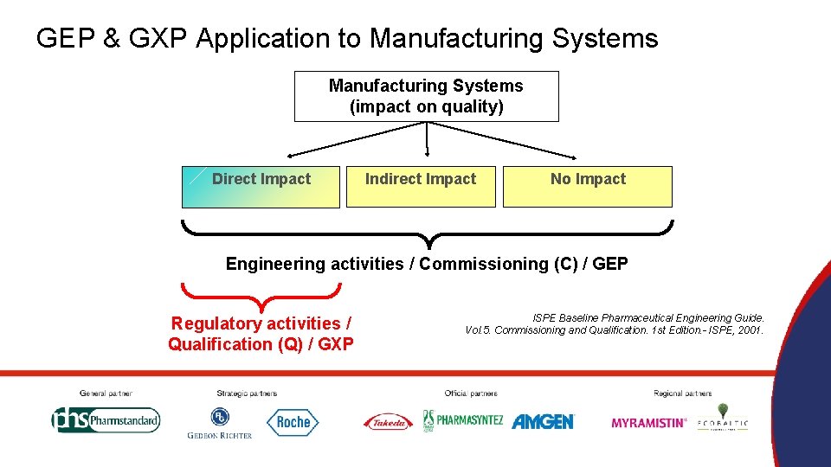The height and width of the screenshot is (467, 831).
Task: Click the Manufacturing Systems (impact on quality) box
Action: (426, 96)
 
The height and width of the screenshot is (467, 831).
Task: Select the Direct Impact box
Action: (261, 187)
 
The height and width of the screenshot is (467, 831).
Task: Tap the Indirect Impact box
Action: (421, 187)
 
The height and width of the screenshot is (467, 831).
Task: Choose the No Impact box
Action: (588, 187)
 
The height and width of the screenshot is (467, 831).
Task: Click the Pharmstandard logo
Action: (106, 420)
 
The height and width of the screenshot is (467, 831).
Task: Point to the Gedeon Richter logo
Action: (220, 423)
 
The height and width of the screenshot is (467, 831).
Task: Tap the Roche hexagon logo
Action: (293, 422)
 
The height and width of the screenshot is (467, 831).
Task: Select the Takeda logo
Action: (388, 422)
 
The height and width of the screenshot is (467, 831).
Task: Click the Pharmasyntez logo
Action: (462, 420)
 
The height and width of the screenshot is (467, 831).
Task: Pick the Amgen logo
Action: (543, 421)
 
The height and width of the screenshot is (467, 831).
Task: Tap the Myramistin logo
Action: (648, 423)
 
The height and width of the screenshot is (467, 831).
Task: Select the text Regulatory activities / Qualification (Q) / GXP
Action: (261, 334)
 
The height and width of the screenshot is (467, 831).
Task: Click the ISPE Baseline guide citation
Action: (615, 324)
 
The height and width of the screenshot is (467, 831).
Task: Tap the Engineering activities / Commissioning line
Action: (427, 264)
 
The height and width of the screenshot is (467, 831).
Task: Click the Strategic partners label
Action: (247, 393)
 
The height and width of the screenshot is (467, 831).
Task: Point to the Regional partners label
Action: (683, 393)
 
